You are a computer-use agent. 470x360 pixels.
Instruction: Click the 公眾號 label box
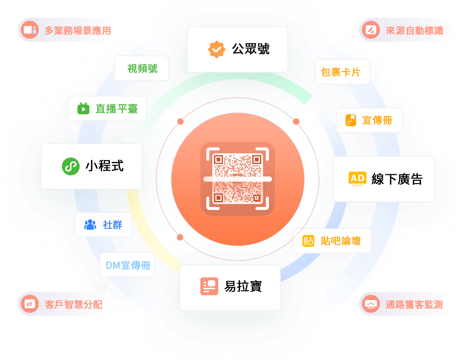[238, 50]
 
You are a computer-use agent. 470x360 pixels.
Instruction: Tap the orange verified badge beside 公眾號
[216, 49]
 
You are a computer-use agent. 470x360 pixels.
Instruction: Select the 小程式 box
[92, 166]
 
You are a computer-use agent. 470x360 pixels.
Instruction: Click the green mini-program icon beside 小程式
[71, 166]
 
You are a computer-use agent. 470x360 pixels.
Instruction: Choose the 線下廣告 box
[384, 179]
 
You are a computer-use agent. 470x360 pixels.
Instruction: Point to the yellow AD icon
[358, 179]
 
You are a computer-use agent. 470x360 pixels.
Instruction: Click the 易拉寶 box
[230, 287]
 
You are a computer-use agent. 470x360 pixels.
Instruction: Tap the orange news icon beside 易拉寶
[209, 286]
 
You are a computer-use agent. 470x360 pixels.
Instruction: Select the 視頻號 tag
[142, 69]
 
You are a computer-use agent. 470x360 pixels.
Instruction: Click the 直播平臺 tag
[107, 109]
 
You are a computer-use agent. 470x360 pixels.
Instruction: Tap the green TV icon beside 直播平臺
[83, 108]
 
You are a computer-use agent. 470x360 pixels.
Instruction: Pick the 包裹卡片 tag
[342, 72]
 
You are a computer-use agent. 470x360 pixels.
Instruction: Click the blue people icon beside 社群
[90, 225]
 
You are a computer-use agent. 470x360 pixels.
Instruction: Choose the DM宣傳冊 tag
[127, 265]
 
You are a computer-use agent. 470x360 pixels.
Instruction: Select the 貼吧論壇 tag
[332, 241]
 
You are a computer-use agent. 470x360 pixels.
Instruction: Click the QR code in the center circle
[238, 179]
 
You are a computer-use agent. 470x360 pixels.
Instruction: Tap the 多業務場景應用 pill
[66, 30]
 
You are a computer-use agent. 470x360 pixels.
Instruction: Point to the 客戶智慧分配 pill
[63, 305]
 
